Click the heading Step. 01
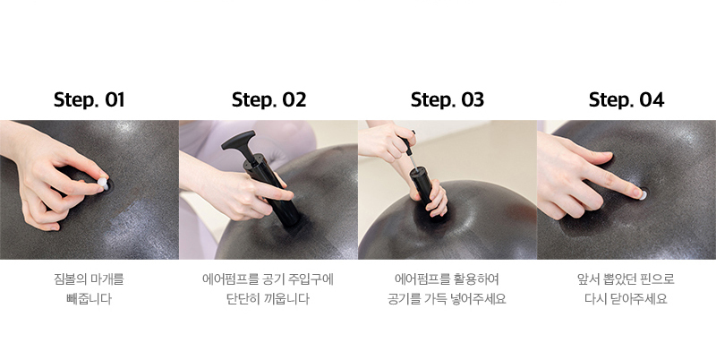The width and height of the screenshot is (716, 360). (x=89, y=100)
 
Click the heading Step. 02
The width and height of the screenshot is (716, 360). (x=269, y=100)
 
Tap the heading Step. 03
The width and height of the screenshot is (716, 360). (x=447, y=100)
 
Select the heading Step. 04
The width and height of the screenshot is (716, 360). (x=626, y=100)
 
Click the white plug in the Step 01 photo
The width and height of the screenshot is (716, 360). (x=103, y=184)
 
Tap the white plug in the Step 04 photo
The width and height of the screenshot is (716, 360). (x=643, y=195)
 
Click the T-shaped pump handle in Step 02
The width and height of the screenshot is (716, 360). (x=239, y=141)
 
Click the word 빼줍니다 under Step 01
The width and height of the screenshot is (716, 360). (x=89, y=299)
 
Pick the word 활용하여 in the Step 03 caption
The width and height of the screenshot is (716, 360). (x=477, y=279)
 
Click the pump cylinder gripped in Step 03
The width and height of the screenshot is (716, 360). (x=423, y=190)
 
